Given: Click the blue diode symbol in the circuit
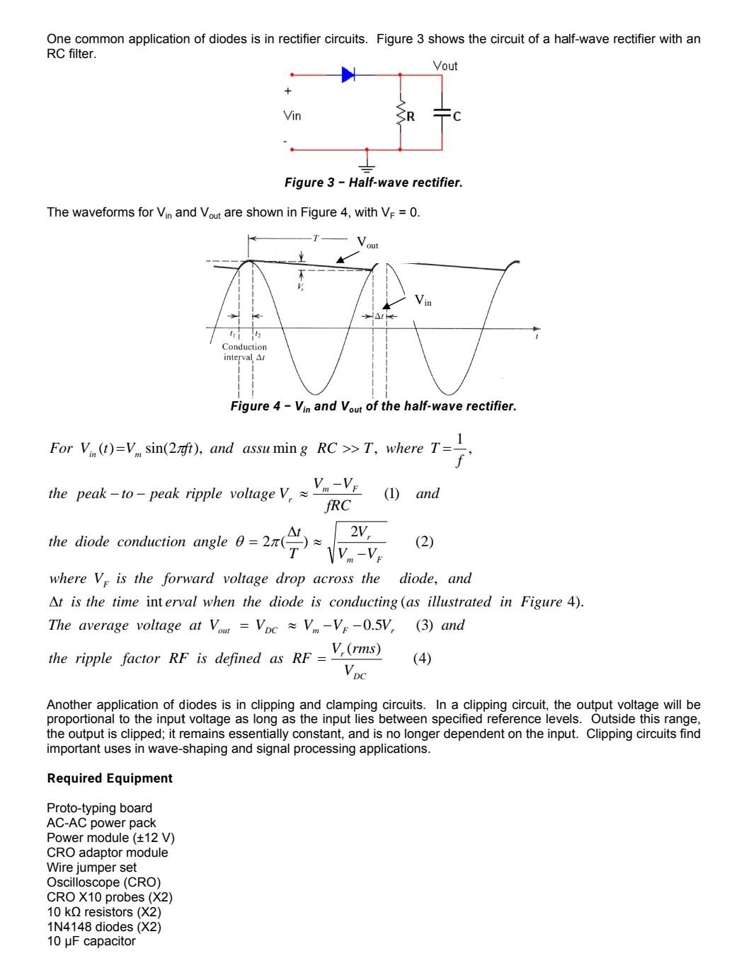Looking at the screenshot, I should [x=348, y=74].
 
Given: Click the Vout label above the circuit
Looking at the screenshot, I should [x=445, y=66].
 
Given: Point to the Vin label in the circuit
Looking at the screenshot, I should [x=292, y=115].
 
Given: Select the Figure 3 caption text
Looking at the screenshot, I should [x=373, y=183].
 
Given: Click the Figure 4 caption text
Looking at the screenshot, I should [x=373, y=406].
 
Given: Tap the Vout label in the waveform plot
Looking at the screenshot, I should [x=367, y=243].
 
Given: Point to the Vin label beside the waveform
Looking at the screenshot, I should [x=423, y=301].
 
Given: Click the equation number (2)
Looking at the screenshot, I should [x=424, y=541].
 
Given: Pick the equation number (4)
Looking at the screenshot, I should [x=422, y=658].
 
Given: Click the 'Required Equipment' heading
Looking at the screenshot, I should [x=110, y=778].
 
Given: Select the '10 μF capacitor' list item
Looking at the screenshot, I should [x=91, y=941].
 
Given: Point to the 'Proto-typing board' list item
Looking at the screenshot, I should [x=99, y=808].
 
